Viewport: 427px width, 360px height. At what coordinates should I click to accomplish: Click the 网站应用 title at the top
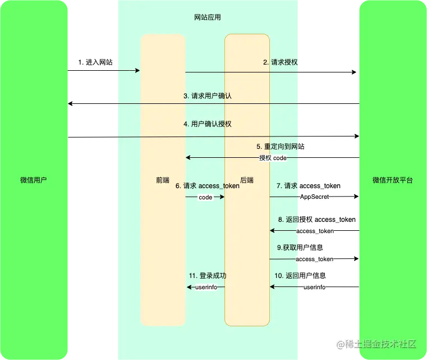click(x=208, y=17)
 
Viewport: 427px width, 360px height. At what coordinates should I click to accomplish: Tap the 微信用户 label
click(x=34, y=180)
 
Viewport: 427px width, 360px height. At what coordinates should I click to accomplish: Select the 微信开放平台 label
click(x=393, y=180)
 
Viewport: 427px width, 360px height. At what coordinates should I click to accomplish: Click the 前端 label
click(x=163, y=180)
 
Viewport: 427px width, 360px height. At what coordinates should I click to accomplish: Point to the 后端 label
click(x=247, y=180)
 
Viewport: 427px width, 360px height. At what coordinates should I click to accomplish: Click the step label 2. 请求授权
click(x=281, y=62)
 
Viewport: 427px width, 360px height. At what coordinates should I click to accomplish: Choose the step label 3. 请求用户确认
click(x=208, y=96)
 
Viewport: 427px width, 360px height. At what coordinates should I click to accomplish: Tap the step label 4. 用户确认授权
click(x=208, y=124)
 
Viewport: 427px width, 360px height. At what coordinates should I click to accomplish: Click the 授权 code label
click(x=273, y=158)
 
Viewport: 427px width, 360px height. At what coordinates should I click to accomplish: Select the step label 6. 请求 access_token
click(x=208, y=186)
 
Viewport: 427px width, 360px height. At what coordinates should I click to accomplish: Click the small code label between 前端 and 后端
click(x=205, y=198)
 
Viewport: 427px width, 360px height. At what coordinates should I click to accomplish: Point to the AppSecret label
click(x=315, y=198)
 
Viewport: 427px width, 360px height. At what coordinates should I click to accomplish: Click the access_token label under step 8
click(x=315, y=231)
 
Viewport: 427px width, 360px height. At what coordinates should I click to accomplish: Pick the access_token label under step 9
click(x=314, y=259)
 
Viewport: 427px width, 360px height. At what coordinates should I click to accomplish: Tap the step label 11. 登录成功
click(x=208, y=276)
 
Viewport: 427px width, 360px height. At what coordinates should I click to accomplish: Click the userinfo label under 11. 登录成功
click(x=206, y=287)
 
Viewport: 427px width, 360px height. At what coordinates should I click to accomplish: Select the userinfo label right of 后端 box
click(x=315, y=287)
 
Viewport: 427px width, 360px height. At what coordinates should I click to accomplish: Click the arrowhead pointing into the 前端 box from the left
click(x=136, y=71)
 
